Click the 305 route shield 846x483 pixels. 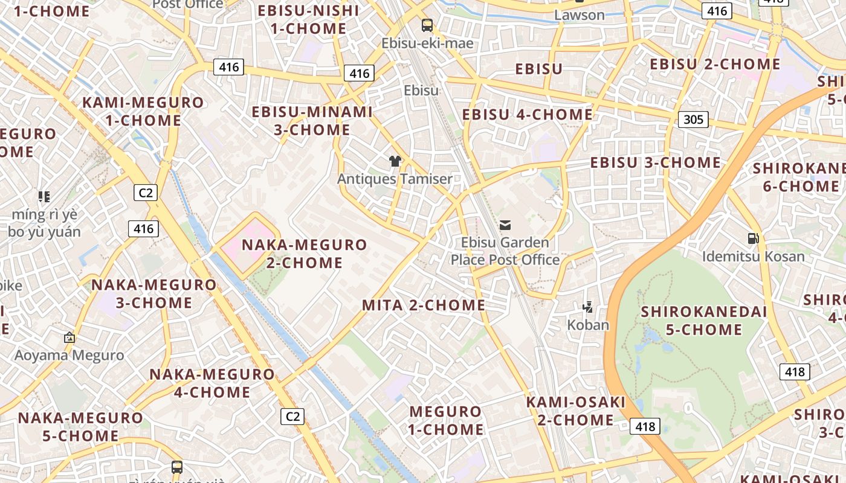click(693, 119)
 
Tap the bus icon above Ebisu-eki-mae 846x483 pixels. click(427, 25)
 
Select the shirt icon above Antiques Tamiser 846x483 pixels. click(395, 161)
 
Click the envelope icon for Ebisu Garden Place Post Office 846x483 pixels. click(505, 225)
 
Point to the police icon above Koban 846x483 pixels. click(587, 307)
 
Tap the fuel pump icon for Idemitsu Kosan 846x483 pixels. click(753, 238)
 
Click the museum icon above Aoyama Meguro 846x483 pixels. click(69, 337)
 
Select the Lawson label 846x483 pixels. click(579, 15)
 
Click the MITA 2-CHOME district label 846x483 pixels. click(424, 305)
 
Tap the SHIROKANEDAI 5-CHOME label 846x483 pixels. click(704, 321)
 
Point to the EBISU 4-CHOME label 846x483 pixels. click(528, 115)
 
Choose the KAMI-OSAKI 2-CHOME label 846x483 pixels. click(575, 411)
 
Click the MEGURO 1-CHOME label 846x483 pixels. click(446, 420)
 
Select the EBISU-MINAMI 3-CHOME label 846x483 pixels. click(312, 121)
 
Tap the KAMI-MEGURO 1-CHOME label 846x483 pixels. click(143, 111)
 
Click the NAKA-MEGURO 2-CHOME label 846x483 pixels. click(305, 254)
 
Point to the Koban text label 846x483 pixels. click(588, 325)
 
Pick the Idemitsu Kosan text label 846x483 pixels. click(753, 257)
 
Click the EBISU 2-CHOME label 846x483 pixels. click(715, 64)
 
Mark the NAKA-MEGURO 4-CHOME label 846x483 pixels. click(212, 383)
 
